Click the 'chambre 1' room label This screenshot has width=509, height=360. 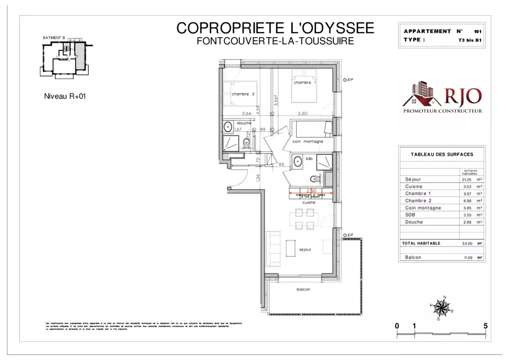coord(305,82)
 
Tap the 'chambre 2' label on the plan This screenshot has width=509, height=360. coord(243,94)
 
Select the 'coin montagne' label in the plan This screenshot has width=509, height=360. coord(308,142)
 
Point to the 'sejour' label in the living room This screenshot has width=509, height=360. coord(305,250)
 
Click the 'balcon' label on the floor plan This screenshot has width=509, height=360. coord(303,289)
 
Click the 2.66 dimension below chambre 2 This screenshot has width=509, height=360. coord(247,114)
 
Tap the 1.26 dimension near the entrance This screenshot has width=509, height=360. coord(258,177)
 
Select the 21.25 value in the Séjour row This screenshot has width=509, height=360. coord(467,180)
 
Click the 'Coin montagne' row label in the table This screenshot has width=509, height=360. coord(423,208)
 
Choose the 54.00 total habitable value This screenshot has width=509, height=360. coord(467,244)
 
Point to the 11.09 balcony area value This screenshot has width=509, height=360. coord(468,258)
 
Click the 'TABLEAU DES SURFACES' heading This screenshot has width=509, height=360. coord(442,154)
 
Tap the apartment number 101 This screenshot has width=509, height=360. coord(477,32)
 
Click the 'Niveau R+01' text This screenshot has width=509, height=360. coord(63,95)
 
